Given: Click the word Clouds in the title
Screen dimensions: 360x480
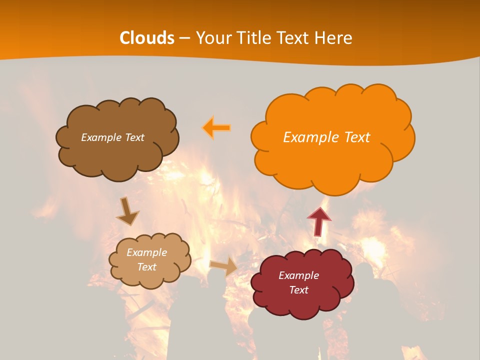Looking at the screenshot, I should (x=147, y=38).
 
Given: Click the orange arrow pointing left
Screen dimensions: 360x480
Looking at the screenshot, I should (x=217, y=128).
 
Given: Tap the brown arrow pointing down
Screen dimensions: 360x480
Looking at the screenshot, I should (x=127, y=211).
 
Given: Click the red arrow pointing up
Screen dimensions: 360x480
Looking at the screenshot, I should (x=318, y=221).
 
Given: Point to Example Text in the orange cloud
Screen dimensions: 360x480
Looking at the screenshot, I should (x=326, y=137).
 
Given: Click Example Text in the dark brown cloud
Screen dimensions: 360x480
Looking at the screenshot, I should (x=112, y=137).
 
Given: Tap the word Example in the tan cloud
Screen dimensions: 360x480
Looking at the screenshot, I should (x=146, y=252).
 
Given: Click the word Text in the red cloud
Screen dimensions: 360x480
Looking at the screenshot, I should (x=298, y=290).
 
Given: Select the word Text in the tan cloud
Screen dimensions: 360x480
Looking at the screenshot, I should (x=146, y=267).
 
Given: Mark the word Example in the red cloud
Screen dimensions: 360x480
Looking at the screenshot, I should (x=298, y=275).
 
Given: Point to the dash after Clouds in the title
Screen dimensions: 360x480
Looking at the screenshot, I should (x=184, y=38).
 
